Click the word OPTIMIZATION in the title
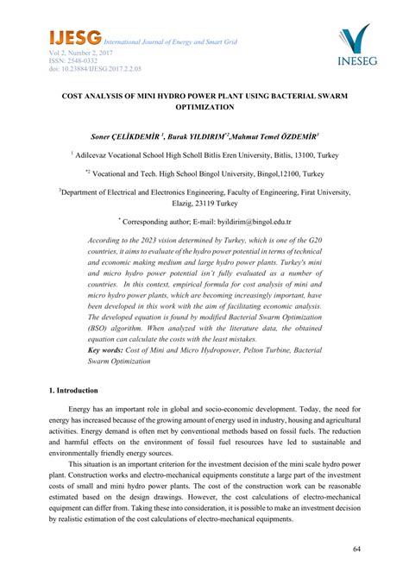click(204, 107)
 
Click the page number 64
click(357, 549)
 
